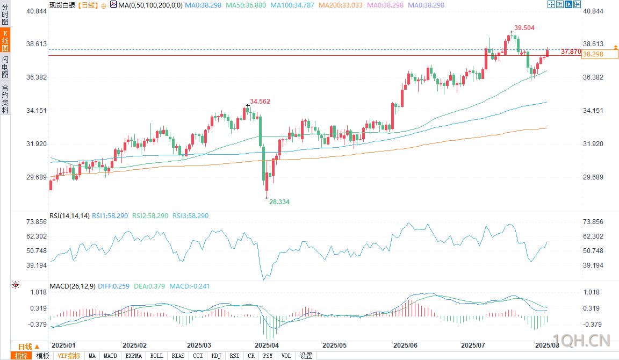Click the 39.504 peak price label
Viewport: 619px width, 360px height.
(x=524, y=27)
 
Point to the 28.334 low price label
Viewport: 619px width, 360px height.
(x=279, y=201)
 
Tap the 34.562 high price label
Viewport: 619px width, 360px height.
(x=260, y=101)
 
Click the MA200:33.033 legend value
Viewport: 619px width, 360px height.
(x=341, y=4)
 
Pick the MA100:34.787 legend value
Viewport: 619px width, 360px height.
(x=293, y=4)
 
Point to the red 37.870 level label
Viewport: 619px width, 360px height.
(x=570, y=52)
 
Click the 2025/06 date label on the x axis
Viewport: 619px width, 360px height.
(x=406, y=345)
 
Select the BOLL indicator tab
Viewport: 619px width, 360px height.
(x=157, y=356)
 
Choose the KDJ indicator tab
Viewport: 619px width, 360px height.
(x=217, y=356)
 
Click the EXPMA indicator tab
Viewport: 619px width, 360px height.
(x=134, y=356)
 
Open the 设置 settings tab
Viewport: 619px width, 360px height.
(x=306, y=356)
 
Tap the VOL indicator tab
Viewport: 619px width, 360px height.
(x=286, y=356)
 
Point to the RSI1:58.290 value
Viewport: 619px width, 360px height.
(x=110, y=216)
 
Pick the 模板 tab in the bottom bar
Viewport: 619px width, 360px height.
(x=42, y=356)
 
